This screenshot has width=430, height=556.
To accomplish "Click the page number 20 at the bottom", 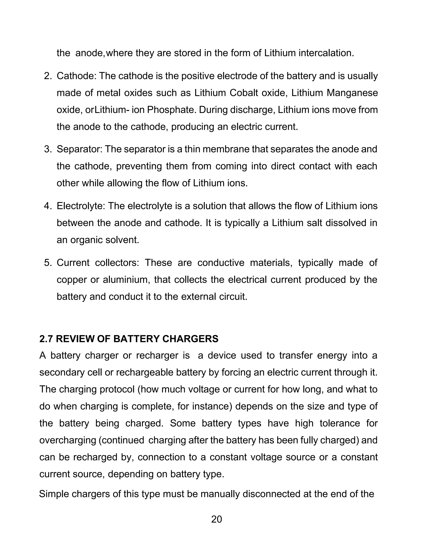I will pos(216,519).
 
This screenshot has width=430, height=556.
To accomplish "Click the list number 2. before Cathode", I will pos(48,76).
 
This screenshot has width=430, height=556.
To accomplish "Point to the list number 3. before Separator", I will pos(48,149).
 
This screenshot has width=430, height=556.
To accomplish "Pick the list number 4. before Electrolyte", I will pos(48,206).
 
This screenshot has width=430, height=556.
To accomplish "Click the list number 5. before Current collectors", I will pos(48,263).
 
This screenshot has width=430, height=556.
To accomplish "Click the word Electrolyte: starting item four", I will pos(81,206).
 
